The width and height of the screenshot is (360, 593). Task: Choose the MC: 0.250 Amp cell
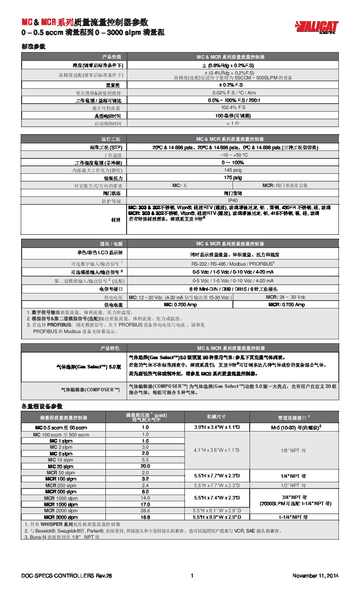(x=180, y=305)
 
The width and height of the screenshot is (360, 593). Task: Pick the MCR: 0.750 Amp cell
(x=285, y=305)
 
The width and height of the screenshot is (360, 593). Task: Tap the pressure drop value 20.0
(x=145, y=466)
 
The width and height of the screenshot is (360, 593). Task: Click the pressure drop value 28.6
(x=145, y=510)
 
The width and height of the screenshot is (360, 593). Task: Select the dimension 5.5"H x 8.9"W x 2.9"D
(x=217, y=517)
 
